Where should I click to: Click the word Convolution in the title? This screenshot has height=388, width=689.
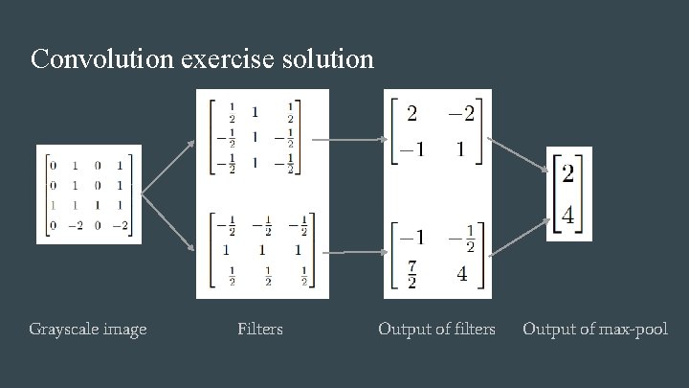(x=100, y=59)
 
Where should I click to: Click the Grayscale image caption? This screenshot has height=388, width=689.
(x=88, y=330)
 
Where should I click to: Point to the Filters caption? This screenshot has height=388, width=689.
(x=260, y=330)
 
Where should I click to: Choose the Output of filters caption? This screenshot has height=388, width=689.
(x=436, y=330)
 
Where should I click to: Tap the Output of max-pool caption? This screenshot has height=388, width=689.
(x=594, y=330)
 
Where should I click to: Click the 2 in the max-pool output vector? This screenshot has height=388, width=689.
(x=567, y=174)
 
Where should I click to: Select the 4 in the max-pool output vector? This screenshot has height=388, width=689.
(x=567, y=217)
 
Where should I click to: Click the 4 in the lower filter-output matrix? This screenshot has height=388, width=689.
(x=460, y=275)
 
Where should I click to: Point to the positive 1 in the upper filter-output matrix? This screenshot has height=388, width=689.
(x=460, y=150)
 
